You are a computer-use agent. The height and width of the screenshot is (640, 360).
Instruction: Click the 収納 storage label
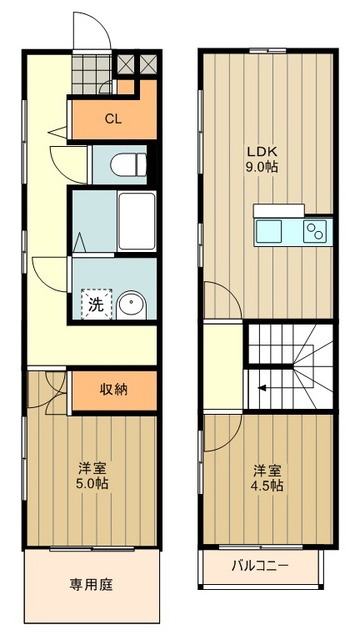click(x=112, y=388)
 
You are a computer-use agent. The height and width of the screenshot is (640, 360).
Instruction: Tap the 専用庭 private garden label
click(x=90, y=584)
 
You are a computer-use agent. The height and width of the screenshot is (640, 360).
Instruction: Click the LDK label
click(x=264, y=152)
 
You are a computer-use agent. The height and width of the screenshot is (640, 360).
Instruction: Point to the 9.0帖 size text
click(x=264, y=167)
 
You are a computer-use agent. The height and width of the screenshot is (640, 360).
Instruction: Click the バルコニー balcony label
click(x=261, y=566)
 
